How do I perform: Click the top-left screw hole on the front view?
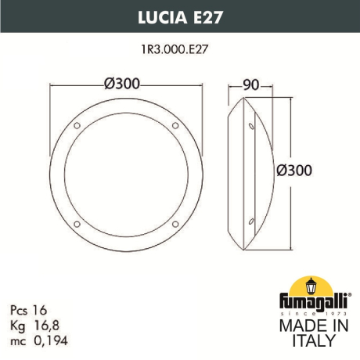[77, 126]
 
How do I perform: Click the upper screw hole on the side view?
[251, 126]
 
